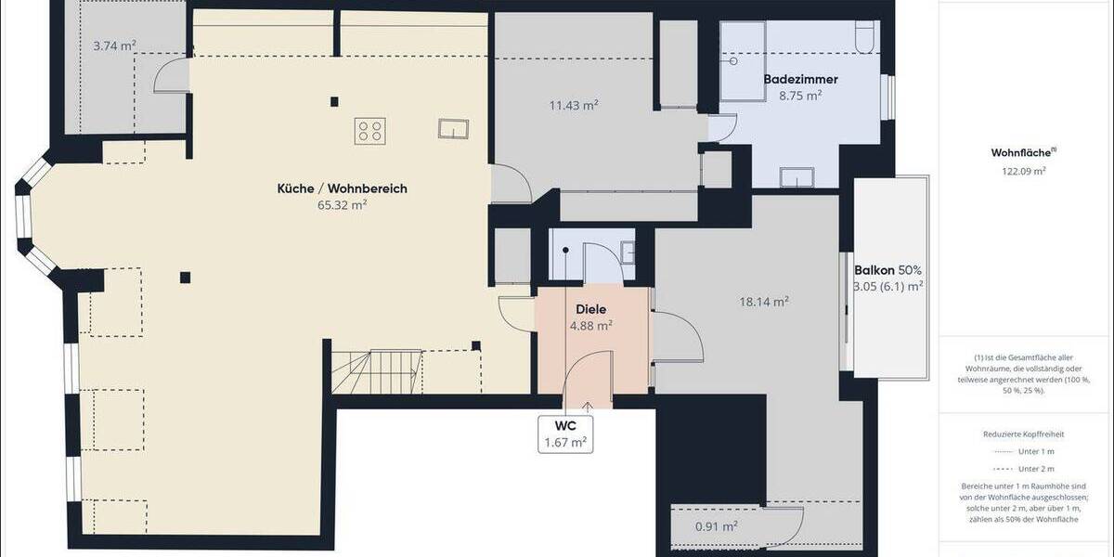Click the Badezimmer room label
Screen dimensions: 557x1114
coord(800,80)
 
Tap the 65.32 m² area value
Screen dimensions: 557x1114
coord(342,205)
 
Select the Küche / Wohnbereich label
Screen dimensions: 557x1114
coord(342,188)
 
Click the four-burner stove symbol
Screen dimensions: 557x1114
coord(369,130)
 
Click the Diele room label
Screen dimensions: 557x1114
coord(590,309)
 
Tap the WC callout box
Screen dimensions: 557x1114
coord(565,434)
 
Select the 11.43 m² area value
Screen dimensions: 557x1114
coord(573,105)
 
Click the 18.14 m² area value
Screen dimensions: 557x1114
coord(764,301)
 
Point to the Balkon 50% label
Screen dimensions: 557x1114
coord(888,270)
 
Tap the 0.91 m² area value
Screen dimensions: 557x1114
coord(716,526)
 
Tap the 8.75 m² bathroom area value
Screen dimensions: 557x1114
coord(800,95)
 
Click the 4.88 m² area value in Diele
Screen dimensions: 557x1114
coord(590,326)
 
